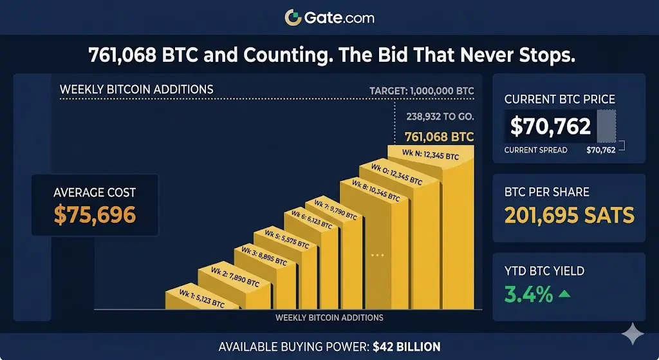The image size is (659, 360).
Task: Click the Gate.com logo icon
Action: pyautogui.click(x=293, y=17)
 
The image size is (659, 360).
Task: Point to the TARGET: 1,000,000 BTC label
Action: pyautogui.click(x=422, y=91)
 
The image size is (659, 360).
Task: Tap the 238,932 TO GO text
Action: pyautogui.click(x=440, y=117)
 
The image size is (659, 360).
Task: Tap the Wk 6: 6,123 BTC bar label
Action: pyautogui.click(x=311, y=220)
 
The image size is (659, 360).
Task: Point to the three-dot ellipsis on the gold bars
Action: pyautogui.click(x=377, y=256)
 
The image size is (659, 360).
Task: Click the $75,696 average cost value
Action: pyautogui.click(x=95, y=214)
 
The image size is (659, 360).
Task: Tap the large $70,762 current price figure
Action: pyautogui.click(x=550, y=126)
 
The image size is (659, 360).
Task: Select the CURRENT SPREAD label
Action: pyautogui.click(x=535, y=150)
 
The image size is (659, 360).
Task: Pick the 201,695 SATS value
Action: pyautogui.click(x=569, y=215)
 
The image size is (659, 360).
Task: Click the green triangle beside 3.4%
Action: pyautogui.click(x=564, y=294)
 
